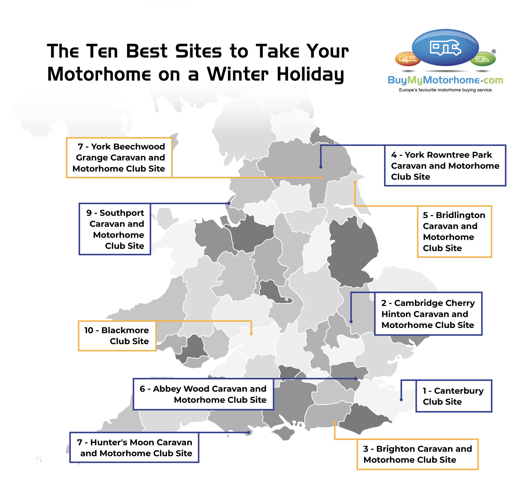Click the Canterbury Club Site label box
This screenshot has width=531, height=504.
pos(454,396)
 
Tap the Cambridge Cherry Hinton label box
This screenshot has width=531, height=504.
pos(428,314)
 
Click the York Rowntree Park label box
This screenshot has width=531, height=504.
pos(445,166)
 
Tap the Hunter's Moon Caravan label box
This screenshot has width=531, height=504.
pos(134,448)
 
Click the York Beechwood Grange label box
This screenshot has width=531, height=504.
pos(119,157)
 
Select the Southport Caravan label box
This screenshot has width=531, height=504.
pos(115,229)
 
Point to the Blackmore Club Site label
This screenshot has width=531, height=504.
pos(117,336)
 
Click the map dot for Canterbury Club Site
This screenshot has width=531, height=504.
pos(401,399)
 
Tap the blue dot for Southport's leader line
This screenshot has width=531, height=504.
pos(229,203)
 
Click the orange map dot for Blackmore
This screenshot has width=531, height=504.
pos(251,334)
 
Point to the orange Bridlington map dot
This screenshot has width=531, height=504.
pos(355,182)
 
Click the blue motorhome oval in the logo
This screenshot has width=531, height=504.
pos(445,47)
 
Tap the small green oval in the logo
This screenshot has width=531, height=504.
pos(483,59)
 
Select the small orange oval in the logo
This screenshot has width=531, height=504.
pos(408,59)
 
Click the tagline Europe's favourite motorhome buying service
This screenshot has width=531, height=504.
pos(445,90)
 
